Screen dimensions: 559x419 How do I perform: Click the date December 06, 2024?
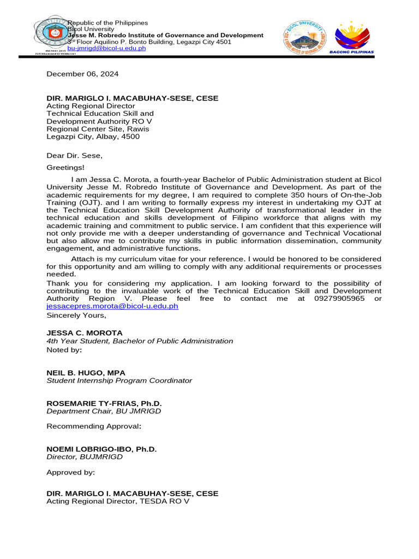tap(82, 74)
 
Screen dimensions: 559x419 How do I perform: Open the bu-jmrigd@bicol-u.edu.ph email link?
tap(106, 49)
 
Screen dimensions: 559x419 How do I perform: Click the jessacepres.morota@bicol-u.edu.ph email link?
tap(112, 306)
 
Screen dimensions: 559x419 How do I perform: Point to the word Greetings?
tap(65, 168)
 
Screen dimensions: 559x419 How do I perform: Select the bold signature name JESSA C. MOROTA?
tap(85, 332)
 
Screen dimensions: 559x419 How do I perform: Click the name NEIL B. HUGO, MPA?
tap(86, 372)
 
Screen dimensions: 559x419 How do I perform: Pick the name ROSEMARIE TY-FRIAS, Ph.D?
tap(104, 403)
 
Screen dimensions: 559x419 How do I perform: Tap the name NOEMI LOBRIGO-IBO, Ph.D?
tap(101, 449)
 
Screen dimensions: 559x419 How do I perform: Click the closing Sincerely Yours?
tap(76, 315)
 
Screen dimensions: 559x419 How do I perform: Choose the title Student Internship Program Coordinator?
tap(119, 380)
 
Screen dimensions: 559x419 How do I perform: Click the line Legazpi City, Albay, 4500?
tap(93, 136)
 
